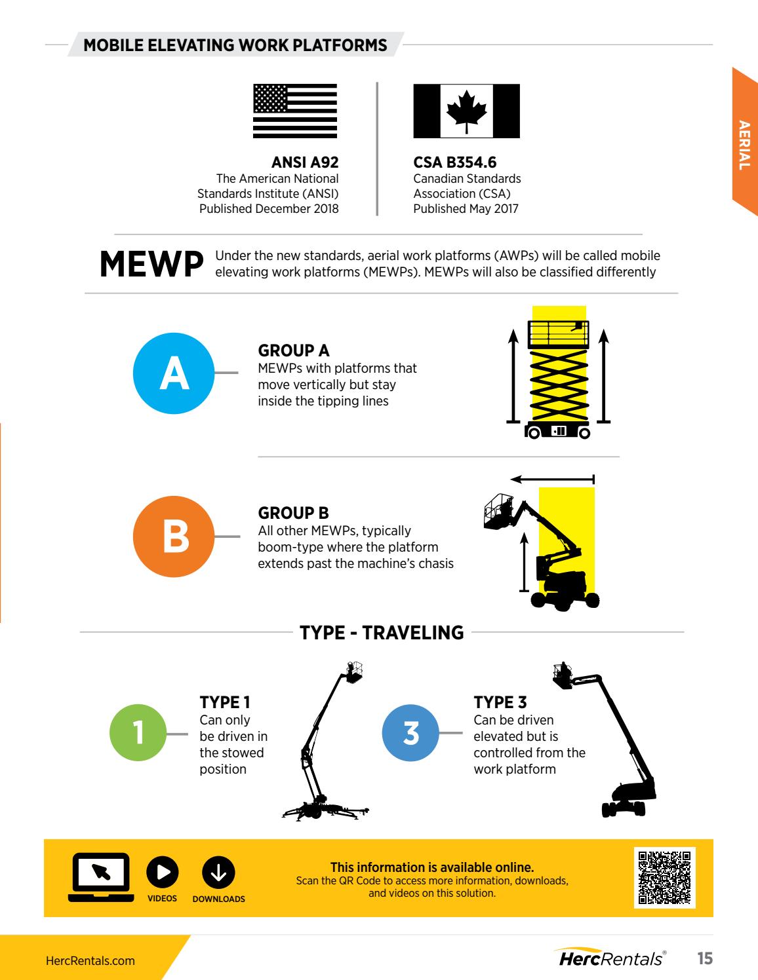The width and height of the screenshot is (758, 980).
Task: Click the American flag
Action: click(295, 111)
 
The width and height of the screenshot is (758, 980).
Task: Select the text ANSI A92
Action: click(305, 162)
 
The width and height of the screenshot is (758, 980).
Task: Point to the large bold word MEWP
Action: click(150, 264)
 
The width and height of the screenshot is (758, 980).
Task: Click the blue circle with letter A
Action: click(174, 373)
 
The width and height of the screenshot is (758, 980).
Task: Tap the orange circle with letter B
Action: click(174, 536)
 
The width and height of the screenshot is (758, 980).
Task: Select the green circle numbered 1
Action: click(139, 734)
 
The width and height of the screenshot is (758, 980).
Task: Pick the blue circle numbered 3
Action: click(411, 734)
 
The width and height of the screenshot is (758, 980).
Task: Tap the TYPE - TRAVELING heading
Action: click(382, 633)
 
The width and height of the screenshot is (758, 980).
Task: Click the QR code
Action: click(664, 877)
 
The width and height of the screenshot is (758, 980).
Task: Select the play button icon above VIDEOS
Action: click(162, 871)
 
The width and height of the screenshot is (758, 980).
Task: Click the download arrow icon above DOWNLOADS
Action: click(218, 871)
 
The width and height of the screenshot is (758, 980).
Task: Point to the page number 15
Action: click(704, 959)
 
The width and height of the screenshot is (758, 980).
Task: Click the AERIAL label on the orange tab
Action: click(744, 145)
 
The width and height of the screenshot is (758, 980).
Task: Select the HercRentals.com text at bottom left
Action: click(90, 961)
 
